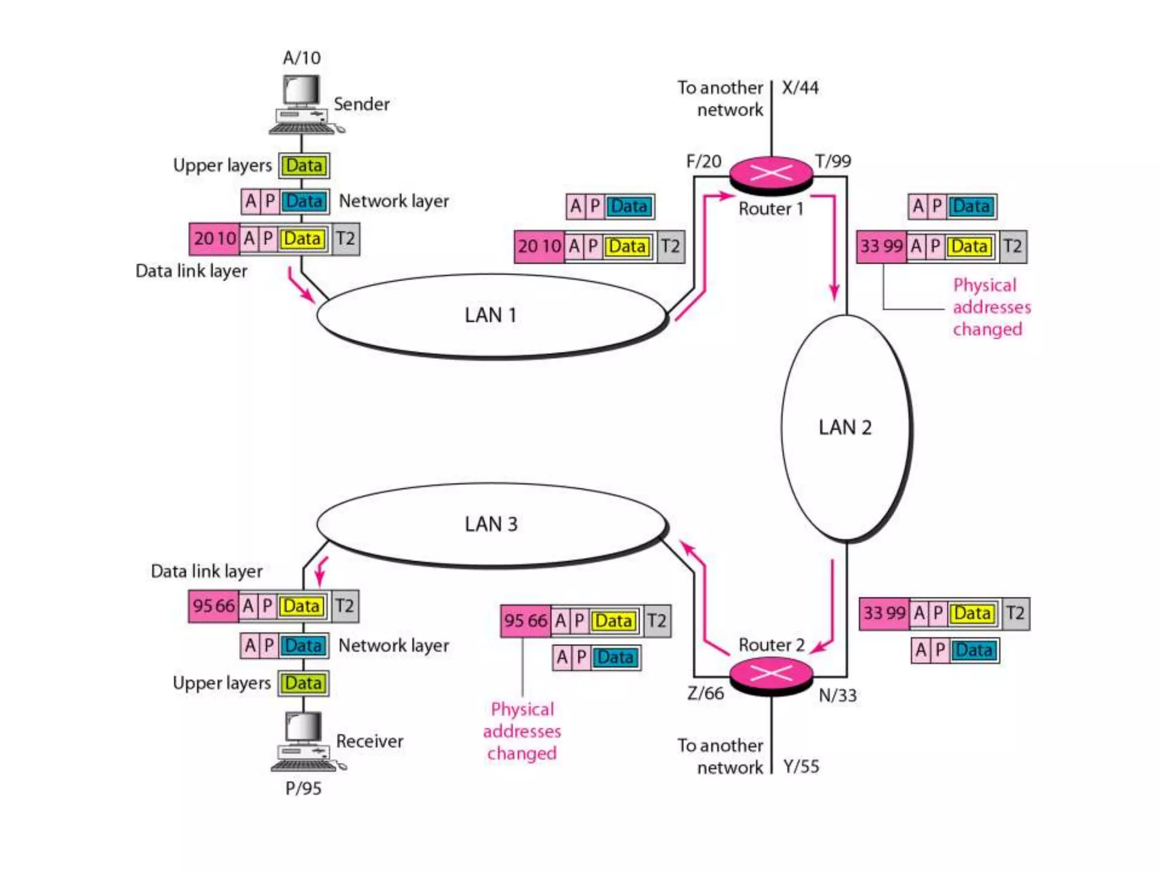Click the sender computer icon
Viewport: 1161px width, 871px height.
(303, 105)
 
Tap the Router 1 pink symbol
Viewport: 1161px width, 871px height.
(771, 173)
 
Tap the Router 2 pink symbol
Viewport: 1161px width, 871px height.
(771, 674)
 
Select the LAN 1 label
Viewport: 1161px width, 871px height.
(490, 315)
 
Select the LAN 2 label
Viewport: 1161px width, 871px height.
(845, 428)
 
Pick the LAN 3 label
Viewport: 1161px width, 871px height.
(491, 525)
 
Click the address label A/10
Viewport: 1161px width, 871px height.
(302, 58)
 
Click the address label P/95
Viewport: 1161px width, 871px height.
(303, 788)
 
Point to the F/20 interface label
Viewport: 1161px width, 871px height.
(704, 162)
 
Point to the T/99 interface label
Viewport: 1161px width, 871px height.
(833, 162)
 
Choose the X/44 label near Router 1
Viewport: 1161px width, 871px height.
(800, 88)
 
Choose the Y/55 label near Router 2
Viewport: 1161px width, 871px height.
(801, 767)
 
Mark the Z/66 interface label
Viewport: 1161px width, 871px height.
(705, 693)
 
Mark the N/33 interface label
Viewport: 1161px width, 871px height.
(837, 695)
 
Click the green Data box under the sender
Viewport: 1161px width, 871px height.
(304, 166)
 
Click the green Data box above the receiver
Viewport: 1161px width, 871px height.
(303, 683)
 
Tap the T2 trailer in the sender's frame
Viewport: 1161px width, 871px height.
(345, 239)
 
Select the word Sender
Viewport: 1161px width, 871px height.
(361, 104)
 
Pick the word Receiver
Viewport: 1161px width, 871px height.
(369, 741)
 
